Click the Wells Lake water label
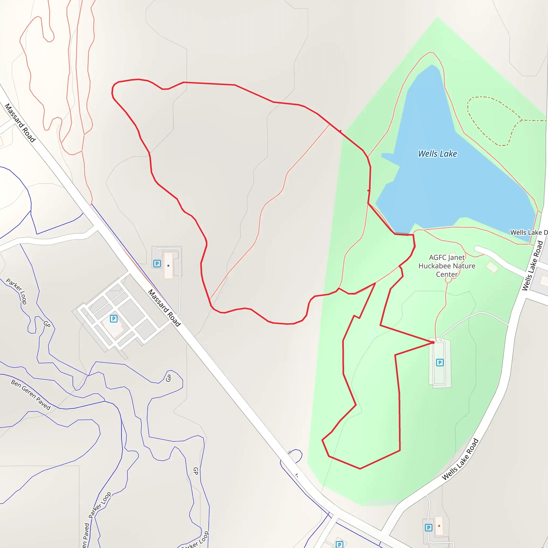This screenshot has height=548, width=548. click(437, 154)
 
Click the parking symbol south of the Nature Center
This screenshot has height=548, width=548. click(440, 363)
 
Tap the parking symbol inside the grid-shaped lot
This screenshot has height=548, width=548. click(114, 319)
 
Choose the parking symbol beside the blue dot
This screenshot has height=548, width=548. click(157, 264)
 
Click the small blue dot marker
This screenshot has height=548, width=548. click(169, 266)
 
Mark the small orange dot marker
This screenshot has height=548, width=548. click(439, 526)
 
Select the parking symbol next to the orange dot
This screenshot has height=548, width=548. click(429, 528)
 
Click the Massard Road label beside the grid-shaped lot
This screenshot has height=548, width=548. click(164, 308)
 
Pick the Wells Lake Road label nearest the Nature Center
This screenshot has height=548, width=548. click(533, 265)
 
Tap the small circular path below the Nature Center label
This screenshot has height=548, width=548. click(448, 280)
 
